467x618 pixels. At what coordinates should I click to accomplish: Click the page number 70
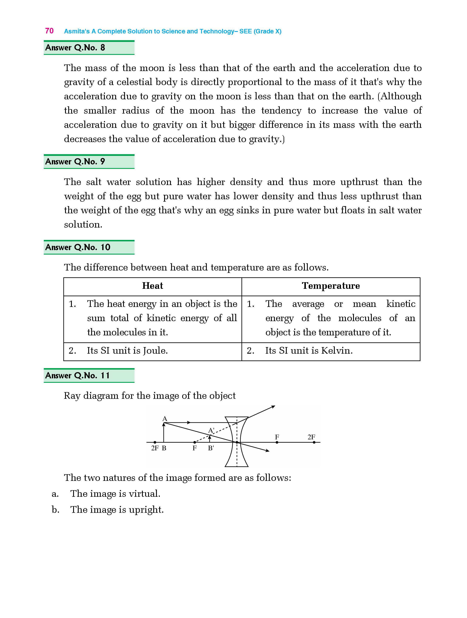click(x=49, y=31)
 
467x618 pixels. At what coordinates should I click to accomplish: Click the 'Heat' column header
click(x=152, y=286)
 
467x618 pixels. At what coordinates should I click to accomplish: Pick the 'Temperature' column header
click(x=331, y=286)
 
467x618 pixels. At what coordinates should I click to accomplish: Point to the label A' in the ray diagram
click(x=211, y=430)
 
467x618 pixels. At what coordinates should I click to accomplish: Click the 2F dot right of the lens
click(x=314, y=442)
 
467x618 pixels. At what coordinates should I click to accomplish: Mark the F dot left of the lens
click(x=195, y=442)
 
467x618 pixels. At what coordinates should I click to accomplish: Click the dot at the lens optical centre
click(x=237, y=442)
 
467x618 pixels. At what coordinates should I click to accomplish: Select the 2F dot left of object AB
click(x=155, y=442)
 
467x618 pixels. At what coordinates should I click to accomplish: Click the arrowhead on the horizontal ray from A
click(x=189, y=422)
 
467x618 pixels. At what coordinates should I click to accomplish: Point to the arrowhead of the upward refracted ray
click(x=273, y=407)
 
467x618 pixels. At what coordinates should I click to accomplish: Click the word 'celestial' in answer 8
click(x=134, y=82)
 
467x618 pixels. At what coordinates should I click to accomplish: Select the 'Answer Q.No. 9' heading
click(x=75, y=161)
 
